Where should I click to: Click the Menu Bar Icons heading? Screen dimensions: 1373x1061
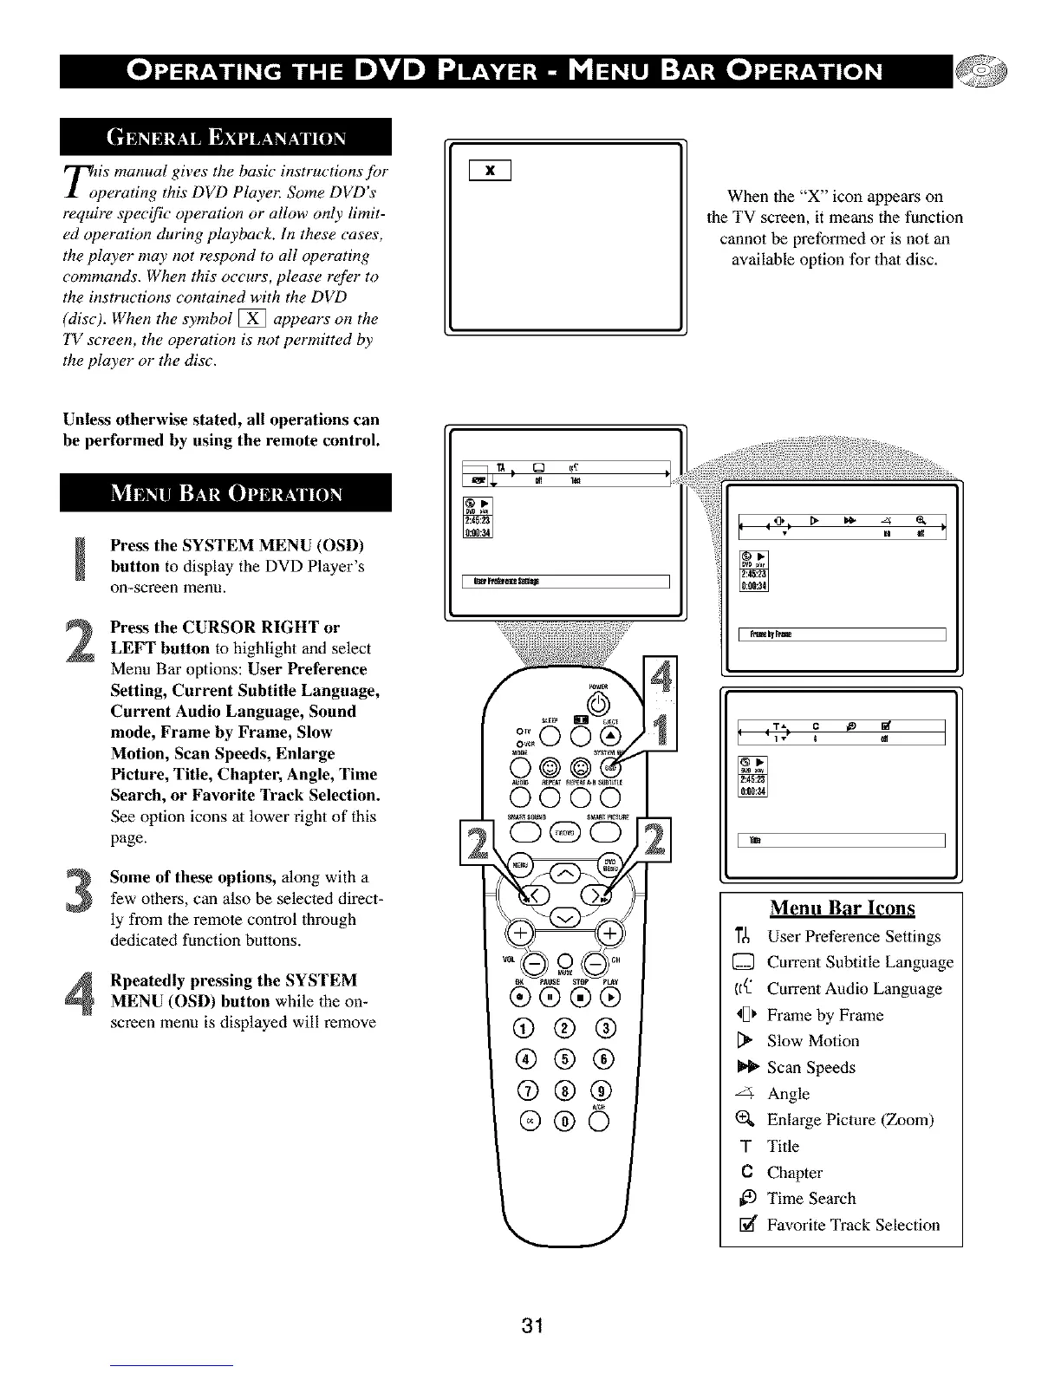tap(842, 908)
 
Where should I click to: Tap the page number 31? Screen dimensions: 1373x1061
tap(531, 1325)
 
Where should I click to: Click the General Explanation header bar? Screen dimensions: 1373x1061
tap(226, 137)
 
